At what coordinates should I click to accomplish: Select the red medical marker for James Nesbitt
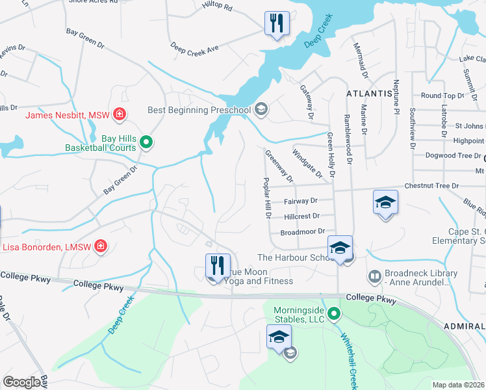[119, 115]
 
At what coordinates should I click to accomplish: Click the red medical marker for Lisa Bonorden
[101, 246]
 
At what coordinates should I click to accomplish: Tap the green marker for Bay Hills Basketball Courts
[147, 141]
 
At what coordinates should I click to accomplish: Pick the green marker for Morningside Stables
[334, 315]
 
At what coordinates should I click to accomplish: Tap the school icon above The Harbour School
[340, 248]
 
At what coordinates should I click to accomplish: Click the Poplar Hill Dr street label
[266, 198]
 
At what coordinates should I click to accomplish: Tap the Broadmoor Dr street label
[301, 231]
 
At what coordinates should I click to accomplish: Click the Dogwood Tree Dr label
[448, 155]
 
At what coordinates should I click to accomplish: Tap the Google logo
[21, 382]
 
